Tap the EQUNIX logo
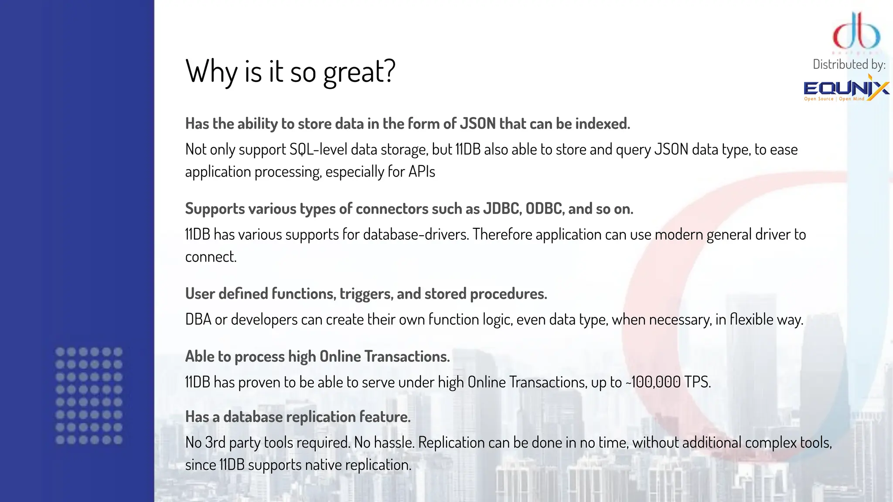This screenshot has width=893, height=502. (846, 89)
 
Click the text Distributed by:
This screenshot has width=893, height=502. (849, 64)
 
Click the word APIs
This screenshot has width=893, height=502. (422, 172)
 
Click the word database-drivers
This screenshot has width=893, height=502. (416, 234)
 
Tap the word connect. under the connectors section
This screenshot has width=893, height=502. (211, 257)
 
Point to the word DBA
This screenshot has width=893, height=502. (198, 319)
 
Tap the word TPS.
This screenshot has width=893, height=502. (697, 382)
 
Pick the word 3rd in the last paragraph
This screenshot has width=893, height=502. (215, 443)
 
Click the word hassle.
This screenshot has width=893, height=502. (394, 443)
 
